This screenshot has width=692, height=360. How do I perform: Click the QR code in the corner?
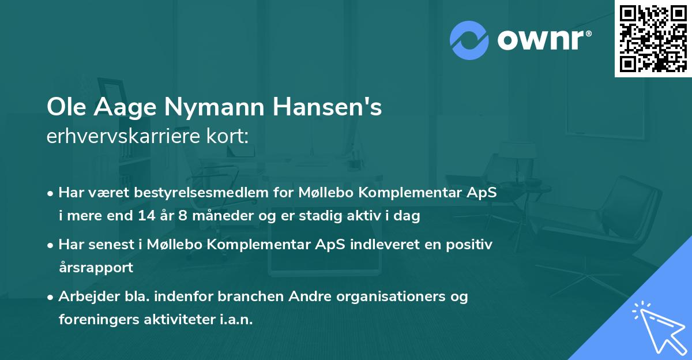click(653, 38)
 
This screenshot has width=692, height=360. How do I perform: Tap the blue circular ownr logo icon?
click(469, 39)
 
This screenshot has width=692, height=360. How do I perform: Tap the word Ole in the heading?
click(63, 108)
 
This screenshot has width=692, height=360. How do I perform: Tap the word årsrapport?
click(96, 268)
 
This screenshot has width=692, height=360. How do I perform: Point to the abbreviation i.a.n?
click(236, 319)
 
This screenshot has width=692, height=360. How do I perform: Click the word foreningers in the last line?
click(95, 319)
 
